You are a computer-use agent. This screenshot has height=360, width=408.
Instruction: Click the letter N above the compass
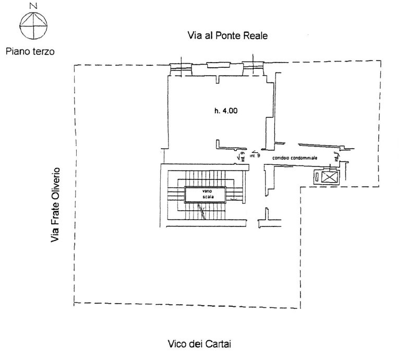coord(33,6)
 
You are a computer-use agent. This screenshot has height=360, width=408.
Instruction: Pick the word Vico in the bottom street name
coord(177,344)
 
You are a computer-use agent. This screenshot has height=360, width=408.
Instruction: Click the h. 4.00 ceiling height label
coord(225,111)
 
